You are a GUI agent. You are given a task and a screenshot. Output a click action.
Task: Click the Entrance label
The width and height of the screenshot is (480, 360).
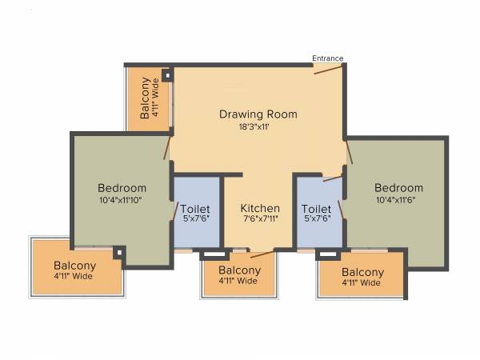tap(327, 58)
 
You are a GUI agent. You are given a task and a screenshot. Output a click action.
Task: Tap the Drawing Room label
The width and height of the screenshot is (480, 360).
tap(258, 114)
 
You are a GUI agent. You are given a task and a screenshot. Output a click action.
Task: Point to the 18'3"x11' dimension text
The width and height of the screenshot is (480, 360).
tap(258, 127)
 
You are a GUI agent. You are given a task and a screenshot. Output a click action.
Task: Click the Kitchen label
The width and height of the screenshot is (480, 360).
tap(260, 209)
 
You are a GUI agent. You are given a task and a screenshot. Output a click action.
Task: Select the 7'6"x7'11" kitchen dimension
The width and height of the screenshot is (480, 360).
tap(260, 220)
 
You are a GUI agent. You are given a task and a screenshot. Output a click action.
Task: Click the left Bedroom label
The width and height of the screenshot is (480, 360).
tap(122, 188)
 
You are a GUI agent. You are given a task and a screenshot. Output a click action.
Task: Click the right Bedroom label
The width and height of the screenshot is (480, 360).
tap(398, 188)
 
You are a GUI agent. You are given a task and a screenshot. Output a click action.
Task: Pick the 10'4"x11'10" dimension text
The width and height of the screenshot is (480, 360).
tap(122, 200)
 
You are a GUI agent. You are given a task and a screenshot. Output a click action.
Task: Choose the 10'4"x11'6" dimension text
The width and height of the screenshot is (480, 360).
tap(398, 200)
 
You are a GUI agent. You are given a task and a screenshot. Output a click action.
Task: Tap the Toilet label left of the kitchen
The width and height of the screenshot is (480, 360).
tap(195, 209)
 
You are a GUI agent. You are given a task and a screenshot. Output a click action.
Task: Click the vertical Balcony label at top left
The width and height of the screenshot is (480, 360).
tap(146, 98)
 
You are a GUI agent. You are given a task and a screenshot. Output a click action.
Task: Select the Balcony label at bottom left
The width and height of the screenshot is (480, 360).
tap(74, 266)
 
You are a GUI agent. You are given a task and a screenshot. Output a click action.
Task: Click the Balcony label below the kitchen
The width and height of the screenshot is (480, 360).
tap(238, 270)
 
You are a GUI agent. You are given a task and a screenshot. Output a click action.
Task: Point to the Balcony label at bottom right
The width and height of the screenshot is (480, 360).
tap(362, 272)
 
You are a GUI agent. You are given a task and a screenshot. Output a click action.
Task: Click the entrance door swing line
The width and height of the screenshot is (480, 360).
tap(329, 69)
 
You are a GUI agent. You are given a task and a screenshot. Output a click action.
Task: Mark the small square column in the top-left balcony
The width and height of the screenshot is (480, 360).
tap(167, 76)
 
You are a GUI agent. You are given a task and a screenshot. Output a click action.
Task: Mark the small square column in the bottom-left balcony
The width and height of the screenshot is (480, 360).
tap(118, 253)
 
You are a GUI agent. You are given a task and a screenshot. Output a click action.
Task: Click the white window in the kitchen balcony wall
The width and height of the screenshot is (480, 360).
tap(213, 255)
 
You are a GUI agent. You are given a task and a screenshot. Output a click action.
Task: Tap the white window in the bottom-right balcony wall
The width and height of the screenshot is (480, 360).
tap(328, 255)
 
